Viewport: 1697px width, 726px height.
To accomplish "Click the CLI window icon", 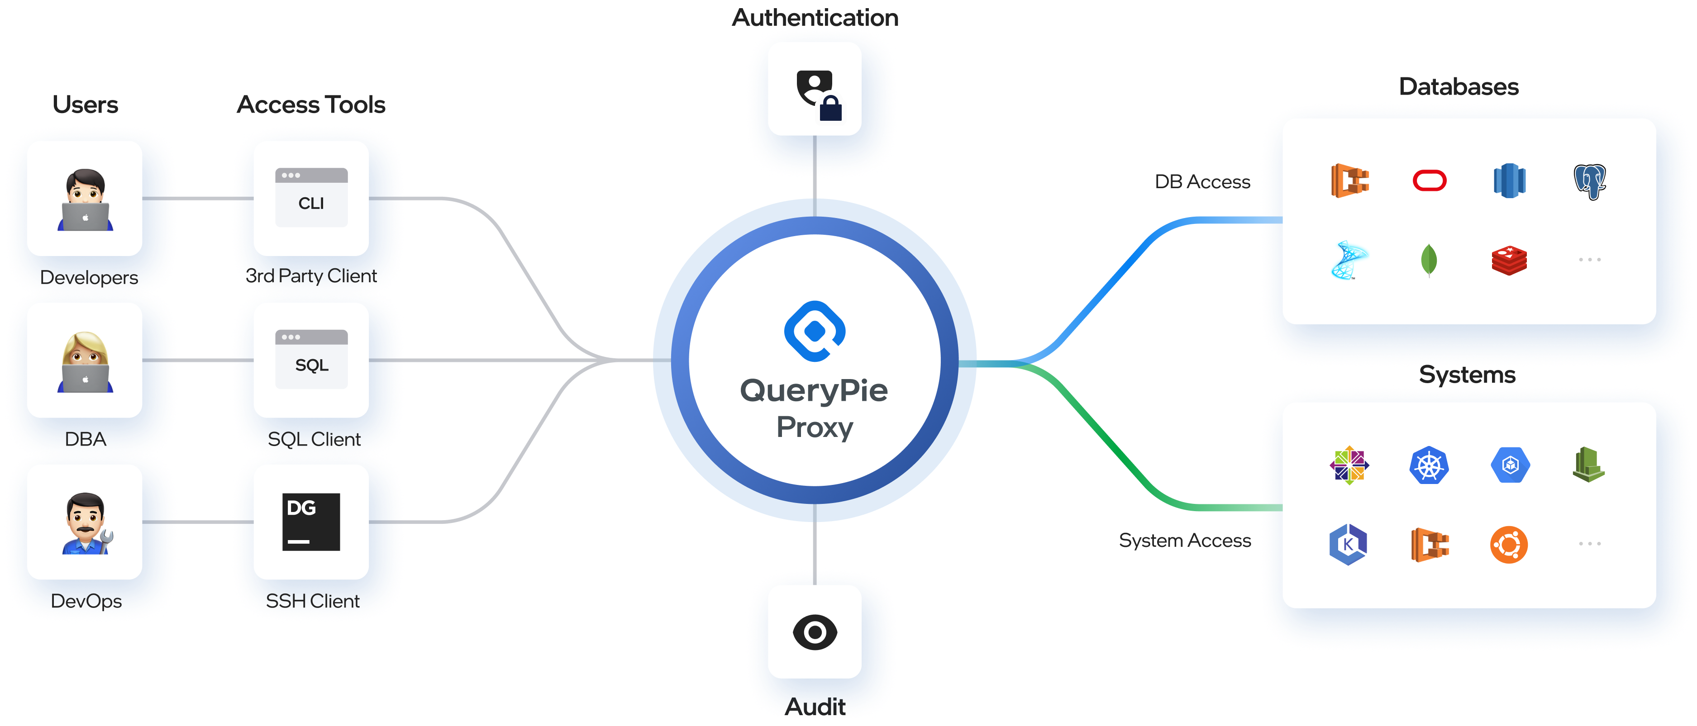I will click(x=311, y=198).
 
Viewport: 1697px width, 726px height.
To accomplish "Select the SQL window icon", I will click(x=311, y=359).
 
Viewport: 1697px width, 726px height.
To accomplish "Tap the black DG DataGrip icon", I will click(x=311, y=521).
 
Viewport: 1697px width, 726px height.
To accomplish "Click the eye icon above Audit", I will click(x=815, y=632).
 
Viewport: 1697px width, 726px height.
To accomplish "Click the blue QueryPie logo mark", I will click(x=815, y=331).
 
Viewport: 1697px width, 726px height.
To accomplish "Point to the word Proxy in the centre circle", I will click(x=815, y=428).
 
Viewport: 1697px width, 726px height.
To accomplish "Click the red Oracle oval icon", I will click(x=1430, y=180).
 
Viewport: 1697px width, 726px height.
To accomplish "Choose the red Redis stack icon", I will click(x=1509, y=261).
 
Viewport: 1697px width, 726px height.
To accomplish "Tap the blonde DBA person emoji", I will click(x=85, y=361).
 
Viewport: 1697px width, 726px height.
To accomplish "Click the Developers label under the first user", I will click(x=89, y=278).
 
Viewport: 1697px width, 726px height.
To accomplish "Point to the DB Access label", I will click(x=1202, y=182).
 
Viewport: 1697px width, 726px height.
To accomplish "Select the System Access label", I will click(x=1184, y=541).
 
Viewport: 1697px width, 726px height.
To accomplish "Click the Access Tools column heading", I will click(x=311, y=104).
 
